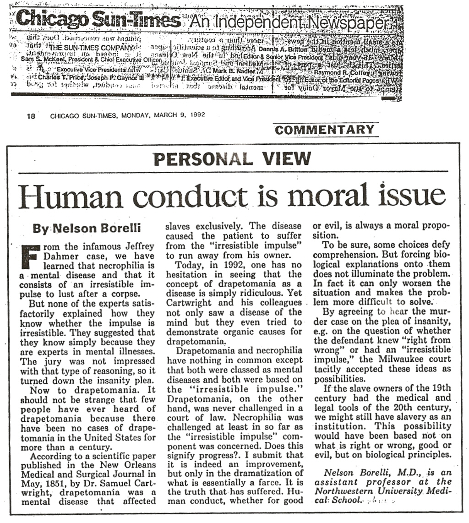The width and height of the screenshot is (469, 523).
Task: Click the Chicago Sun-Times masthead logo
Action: pos(98,20)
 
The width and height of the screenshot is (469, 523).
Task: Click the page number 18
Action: pos(31,115)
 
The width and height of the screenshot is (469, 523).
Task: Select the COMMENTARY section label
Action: pos(325,130)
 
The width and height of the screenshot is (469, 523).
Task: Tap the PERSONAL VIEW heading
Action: pos(232,158)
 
